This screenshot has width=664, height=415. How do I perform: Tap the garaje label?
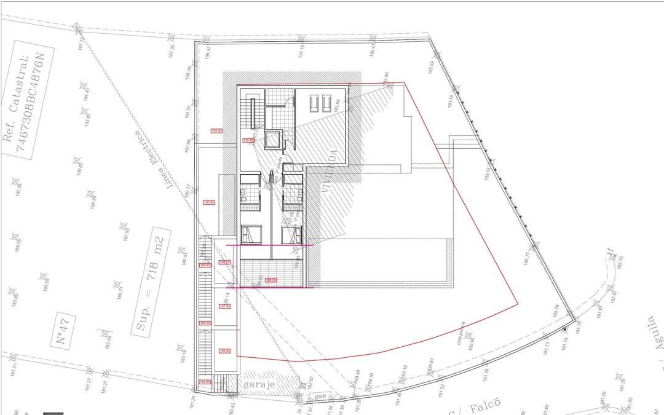point(258,385)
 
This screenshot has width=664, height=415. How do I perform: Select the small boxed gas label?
point(320,396)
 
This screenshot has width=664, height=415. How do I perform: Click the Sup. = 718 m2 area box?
point(151,284)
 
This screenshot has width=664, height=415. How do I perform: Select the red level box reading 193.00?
point(216,131)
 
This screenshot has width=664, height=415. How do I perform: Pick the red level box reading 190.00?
point(208,202)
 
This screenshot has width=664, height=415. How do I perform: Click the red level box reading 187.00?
point(224,306)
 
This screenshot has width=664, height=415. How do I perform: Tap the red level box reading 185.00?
point(224,351)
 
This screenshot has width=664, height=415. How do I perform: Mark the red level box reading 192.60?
point(205,382)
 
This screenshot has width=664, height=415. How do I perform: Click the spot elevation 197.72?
point(81,44)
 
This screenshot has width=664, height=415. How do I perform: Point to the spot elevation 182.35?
point(620,261)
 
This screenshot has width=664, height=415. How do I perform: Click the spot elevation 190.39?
point(18,190)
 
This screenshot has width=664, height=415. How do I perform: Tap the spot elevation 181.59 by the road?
point(487,374)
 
